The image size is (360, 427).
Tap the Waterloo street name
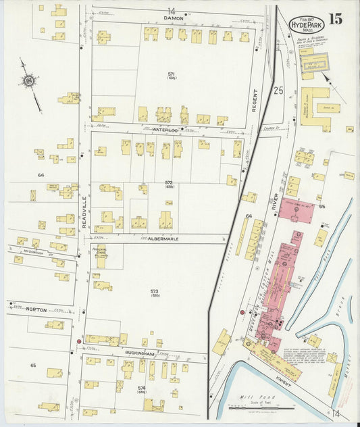[164, 128]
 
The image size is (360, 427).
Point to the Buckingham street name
[143, 353]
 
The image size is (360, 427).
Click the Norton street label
[36, 309]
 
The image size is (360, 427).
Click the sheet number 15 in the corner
[336, 18]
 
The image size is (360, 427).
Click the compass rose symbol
[29, 82]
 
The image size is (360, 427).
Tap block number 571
[172, 74]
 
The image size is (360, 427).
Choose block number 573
[154, 292]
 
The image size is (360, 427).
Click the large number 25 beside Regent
[278, 89]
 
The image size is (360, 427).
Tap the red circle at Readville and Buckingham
[79, 342]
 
